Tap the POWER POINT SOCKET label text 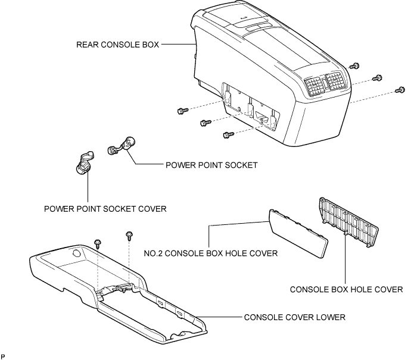(211, 165)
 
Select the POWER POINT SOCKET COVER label (105, 209)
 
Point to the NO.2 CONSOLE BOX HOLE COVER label (211, 253)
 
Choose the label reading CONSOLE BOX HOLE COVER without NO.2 (346, 290)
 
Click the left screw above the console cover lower (98, 243)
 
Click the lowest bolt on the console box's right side (399, 90)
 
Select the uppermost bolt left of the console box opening (182, 110)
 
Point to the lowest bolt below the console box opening (226, 135)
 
